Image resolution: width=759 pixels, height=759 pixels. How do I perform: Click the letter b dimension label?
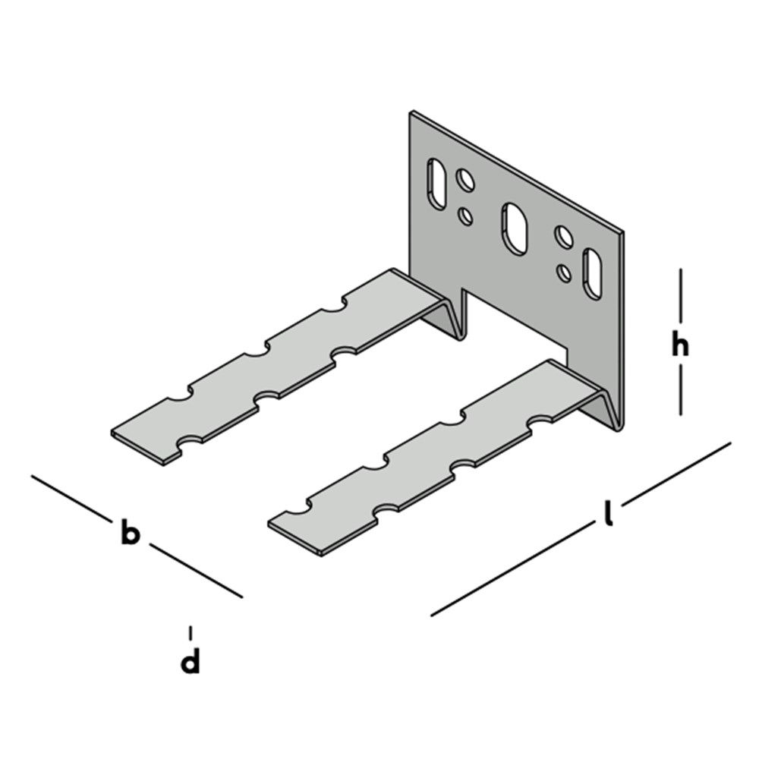tap(131, 534)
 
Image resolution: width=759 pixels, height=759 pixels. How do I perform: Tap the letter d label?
tap(191, 662)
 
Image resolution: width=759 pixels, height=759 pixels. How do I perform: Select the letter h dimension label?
tap(680, 346)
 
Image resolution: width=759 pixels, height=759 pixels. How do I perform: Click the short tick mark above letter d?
tap(191, 632)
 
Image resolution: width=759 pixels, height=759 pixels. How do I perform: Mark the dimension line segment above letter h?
tap(680, 296)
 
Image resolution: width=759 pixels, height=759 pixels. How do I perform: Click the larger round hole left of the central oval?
tap(465, 180)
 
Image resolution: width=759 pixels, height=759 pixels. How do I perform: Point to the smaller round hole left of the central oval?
tap(466, 216)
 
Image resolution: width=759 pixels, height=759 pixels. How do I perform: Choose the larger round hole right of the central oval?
tap(564, 237)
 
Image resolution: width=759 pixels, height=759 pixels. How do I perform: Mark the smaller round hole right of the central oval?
tap(564, 271)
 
